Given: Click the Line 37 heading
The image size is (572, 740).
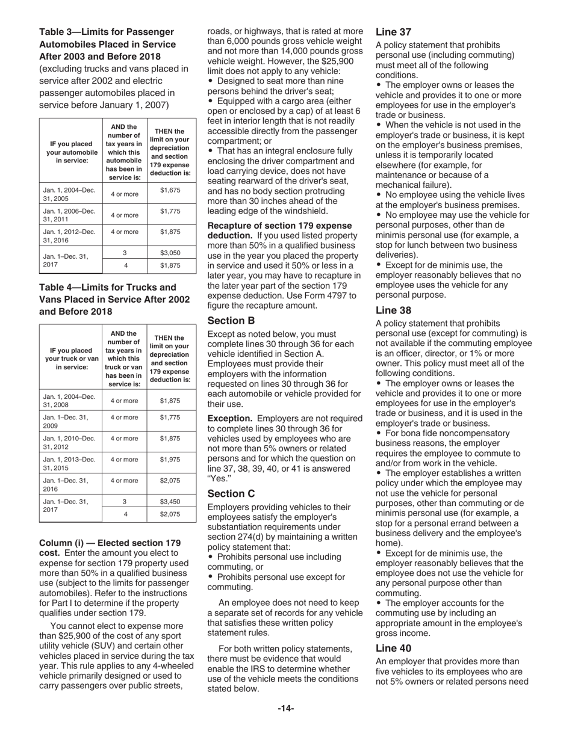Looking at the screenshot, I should pos(394,32).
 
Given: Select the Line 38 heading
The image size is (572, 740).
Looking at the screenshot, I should pos(394,310).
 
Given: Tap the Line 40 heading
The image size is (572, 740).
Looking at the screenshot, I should pos(394,648).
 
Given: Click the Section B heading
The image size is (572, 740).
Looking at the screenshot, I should pos(231,321).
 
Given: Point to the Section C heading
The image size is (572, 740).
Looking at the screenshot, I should pos(231,493).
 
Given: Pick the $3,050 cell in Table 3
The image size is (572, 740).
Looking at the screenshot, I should pos(171,253).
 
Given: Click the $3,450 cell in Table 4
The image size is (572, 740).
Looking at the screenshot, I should pos(171,501).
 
